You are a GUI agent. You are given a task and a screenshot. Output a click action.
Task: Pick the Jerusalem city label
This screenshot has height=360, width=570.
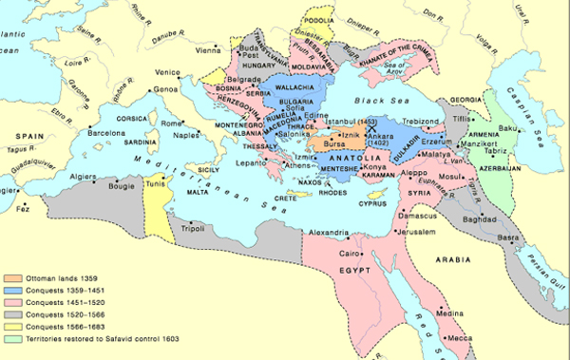pos(415,231)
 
